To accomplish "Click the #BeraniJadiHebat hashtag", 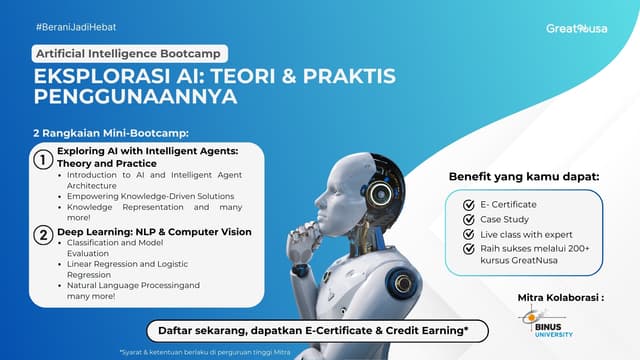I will [x=71, y=25].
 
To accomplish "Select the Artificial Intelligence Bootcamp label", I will [x=130, y=53].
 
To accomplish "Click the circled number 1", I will [x=43, y=160].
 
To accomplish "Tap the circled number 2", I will [x=43, y=236].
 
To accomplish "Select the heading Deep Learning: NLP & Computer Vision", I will [x=154, y=232].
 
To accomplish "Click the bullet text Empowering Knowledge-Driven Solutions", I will [x=153, y=196].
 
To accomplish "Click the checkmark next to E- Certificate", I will [x=469, y=204].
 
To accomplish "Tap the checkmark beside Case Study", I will [x=469, y=218].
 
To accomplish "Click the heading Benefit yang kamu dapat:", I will [x=523, y=176].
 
